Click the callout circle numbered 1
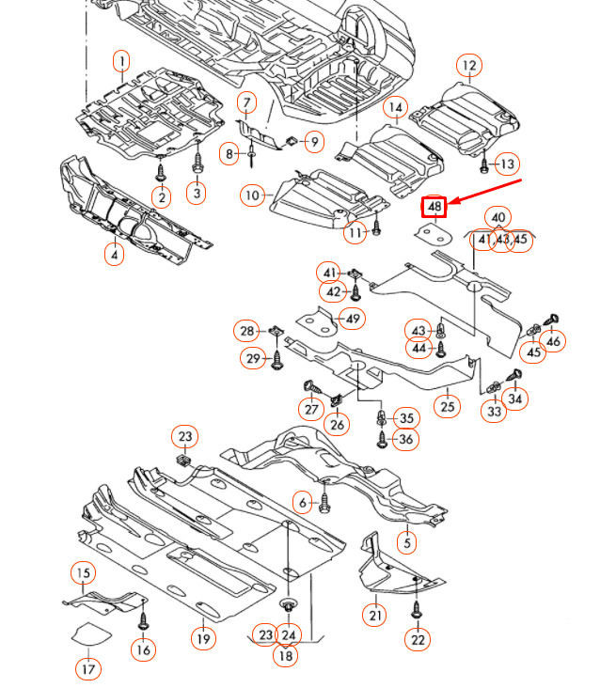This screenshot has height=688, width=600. pyautogui.click(x=121, y=63)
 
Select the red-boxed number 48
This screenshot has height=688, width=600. pyautogui.click(x=434, y=206)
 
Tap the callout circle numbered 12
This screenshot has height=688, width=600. pyautogui.click(x=468, y=65)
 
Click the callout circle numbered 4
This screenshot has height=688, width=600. pyautogui.click(x=114, y=254)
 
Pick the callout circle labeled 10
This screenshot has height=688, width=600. pyautogui.click(x=251, y=195)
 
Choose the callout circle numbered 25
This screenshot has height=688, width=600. pyautogui.click(x=448, y=406)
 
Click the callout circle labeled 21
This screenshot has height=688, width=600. pyautogui.click(x=376, y=615)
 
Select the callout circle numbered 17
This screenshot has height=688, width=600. pyautogui.click(x=87, y=669)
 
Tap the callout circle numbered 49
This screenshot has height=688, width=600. pyautogui.click(x=352, y=319)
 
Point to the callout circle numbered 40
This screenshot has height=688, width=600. pyautogui.click(x=498, y=218)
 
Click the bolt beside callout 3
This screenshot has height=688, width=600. pyautogui.click(x=197, y=167)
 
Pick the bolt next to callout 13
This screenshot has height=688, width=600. pyautogui.click(x=483, y=164)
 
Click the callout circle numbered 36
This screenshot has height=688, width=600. pyautogui.click(x=405, y=440)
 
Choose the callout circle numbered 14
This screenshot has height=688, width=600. pyautogui.click(x=395, y=108)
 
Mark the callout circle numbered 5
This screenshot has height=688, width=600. pyautogui.click(x=406, y=542)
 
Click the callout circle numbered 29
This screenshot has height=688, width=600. pyautogui.click(x=252, y=358)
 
